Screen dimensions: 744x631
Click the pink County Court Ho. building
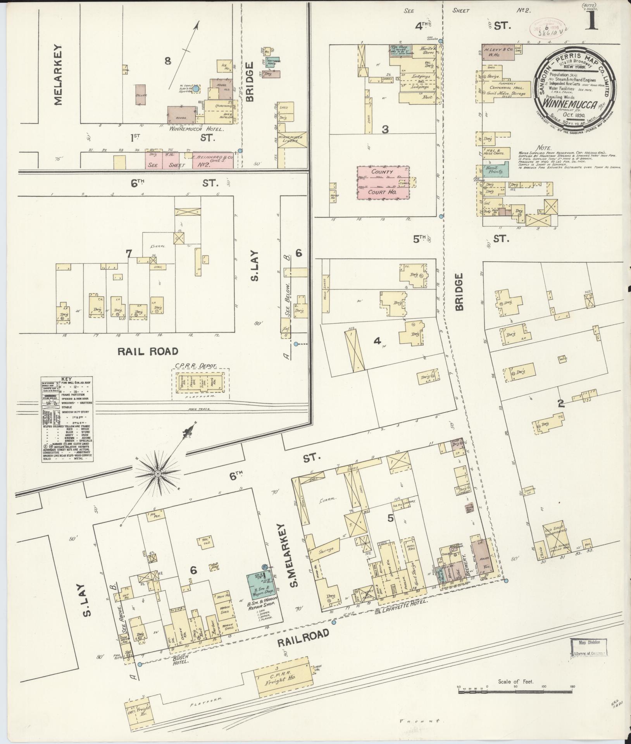coord(383,183)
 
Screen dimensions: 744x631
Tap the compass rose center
coord(158,474)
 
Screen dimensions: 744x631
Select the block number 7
coord(129,253)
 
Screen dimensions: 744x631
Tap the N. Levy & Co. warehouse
coord(498,52)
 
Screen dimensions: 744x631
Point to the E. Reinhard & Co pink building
coord(212,160)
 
